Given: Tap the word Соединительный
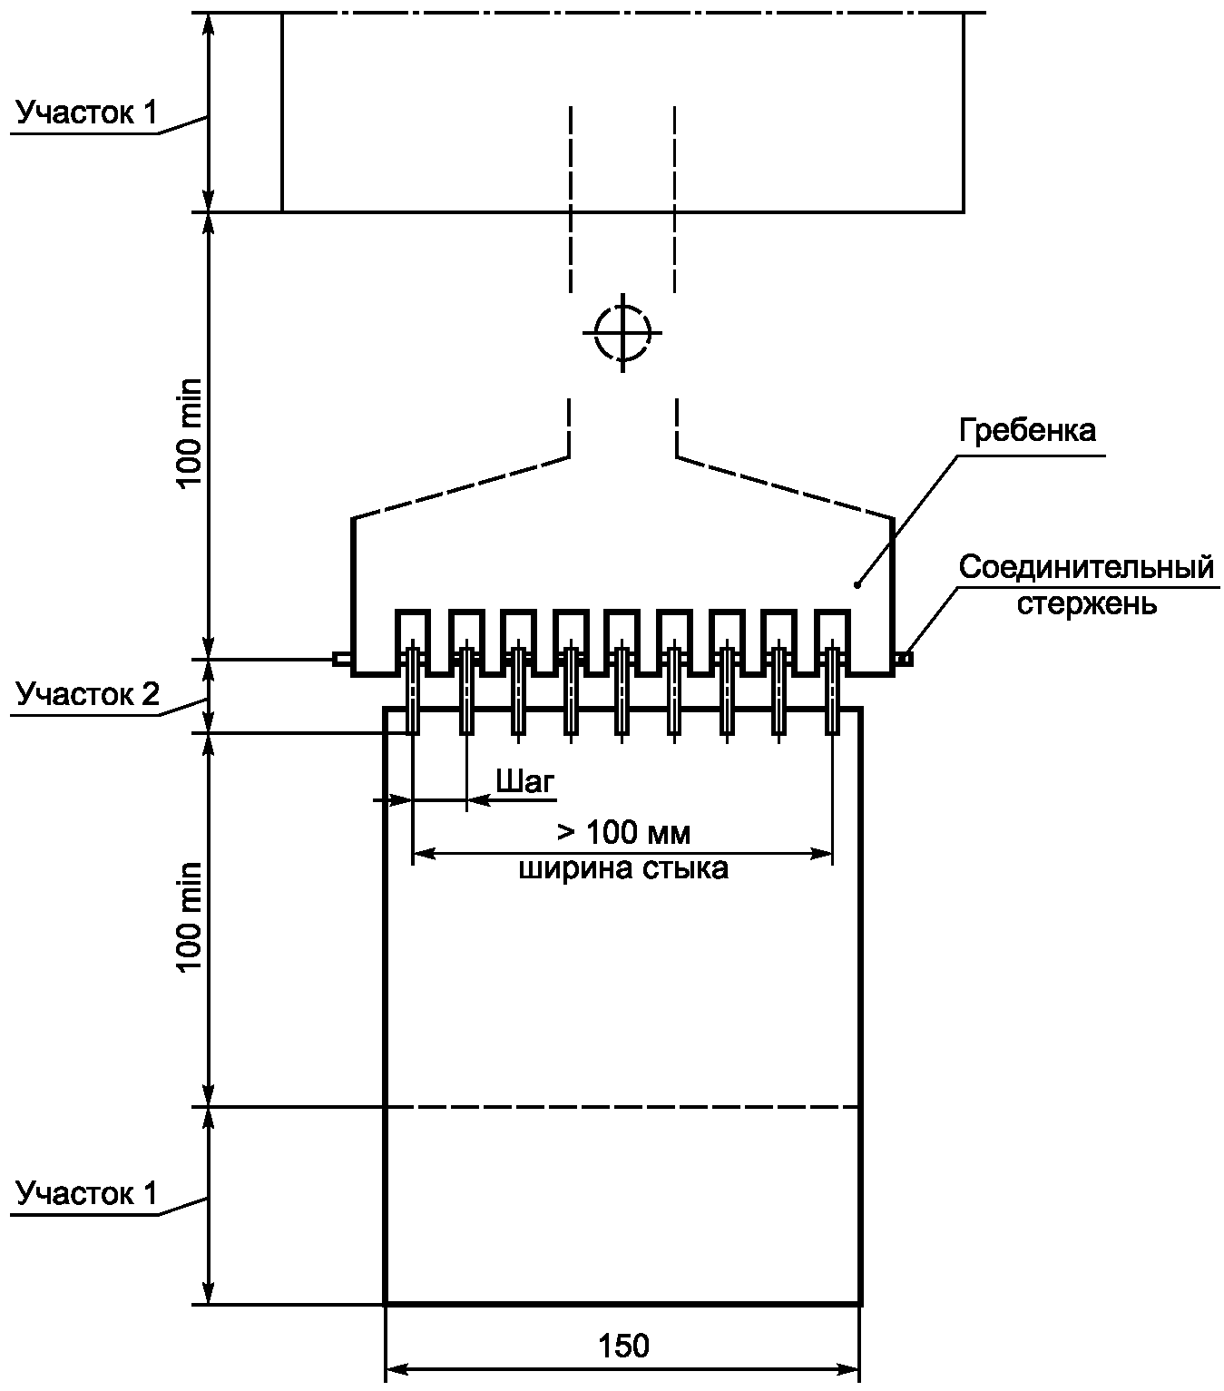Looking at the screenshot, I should tap(1086, 568).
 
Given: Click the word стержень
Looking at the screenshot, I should tap(1086, 603).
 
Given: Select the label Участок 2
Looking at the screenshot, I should tap(87, 695).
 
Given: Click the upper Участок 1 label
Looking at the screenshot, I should tap(87, 113).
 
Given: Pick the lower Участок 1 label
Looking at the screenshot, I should tap(87, 1193).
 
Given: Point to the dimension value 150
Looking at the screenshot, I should tap(624, 1346).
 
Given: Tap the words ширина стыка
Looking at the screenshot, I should tap(623, 869).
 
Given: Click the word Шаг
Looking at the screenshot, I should tap(525, 781).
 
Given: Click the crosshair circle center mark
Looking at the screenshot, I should tap(622, 332).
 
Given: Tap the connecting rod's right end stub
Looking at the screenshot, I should tap(905, 659).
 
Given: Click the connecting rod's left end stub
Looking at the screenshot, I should tap(341, 659).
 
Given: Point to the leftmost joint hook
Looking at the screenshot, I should tap(413, 690).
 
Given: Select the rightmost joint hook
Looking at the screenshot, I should tap(832, 690).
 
